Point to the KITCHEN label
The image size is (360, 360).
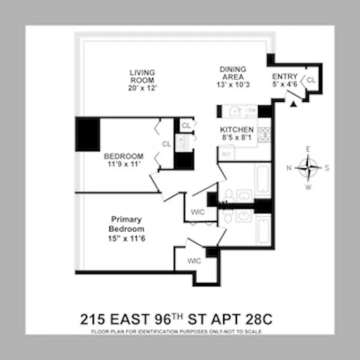point(237,130)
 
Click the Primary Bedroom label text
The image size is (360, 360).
point(126,224)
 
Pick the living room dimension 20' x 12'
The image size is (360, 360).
point(142,88)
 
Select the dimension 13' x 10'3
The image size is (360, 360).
point(233,85)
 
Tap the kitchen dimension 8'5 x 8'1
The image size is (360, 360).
point(237,138)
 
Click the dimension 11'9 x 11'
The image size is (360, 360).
point(124,164)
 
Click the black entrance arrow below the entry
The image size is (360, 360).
point(293,104)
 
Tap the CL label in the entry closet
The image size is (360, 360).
point(311,80)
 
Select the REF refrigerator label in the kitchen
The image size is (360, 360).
point(225,153)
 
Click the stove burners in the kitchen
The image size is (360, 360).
point(264,135)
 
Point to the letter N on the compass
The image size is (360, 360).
point(290,168)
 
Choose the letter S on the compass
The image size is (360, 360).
point(327,168)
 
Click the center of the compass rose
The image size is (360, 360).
point(309,168)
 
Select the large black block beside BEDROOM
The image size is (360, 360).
point(87,134)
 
